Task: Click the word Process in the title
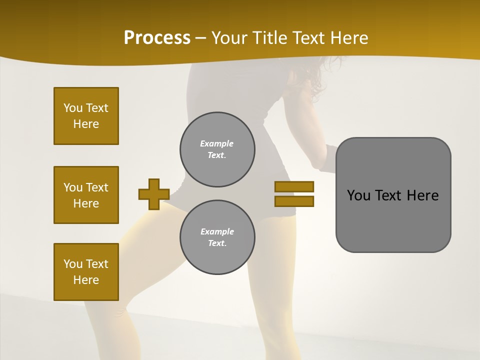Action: click(157, 38)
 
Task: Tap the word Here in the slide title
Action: click(348, 38)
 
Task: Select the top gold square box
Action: click(86, 116)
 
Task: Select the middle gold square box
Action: click(86, 195)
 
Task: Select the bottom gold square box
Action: click(86, 272)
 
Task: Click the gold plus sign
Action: click(154, 194)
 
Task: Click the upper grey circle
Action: click(217, 149)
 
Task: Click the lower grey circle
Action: click(217, 237)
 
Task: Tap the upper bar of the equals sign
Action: click(294, 187)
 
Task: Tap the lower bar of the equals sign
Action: click(294, 201)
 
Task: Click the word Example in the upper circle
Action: click(217, 143)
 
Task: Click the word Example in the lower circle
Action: click(217, 231)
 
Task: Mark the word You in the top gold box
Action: click(72, 108)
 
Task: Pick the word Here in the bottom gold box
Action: click(86, 280)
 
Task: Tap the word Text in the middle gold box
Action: click(97, 187)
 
